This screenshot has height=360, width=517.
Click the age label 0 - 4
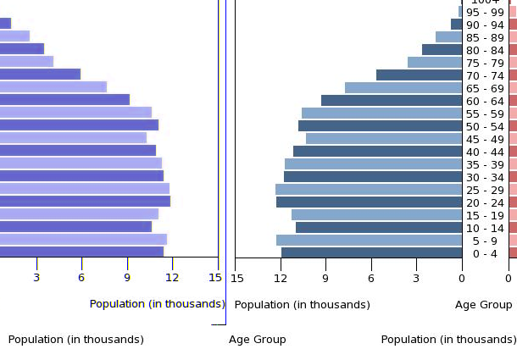coord(485,253)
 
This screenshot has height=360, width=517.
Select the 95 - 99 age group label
coord(485,12)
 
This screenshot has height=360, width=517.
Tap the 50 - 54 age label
coord(485,126)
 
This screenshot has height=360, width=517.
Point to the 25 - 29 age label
coord(485,190)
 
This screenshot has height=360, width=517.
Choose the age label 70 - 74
coord(485,75)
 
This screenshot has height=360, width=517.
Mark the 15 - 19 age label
coord(485,215)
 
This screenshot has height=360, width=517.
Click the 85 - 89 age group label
coord(485,37)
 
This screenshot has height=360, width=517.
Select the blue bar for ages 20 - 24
coord(369,202)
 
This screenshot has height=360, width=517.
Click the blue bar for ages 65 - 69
coord(403,88)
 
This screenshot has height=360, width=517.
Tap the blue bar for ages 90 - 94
coord(456,25)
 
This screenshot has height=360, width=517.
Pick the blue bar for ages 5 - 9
coord(369,241)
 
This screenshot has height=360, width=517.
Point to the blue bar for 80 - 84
coord(442,50)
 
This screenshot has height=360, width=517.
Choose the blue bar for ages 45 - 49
coord(384,139)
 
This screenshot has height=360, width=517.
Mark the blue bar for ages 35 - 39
coord(373,164)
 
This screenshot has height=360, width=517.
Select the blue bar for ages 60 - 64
coord(392,101)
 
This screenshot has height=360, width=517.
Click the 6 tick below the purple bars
coord(81,277)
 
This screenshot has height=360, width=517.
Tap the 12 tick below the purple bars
coord(172,277)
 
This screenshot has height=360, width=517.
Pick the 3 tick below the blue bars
coord(416,277)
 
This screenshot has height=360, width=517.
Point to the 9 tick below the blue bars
coord(325,277)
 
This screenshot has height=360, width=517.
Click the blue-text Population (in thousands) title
coord(157,304)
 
